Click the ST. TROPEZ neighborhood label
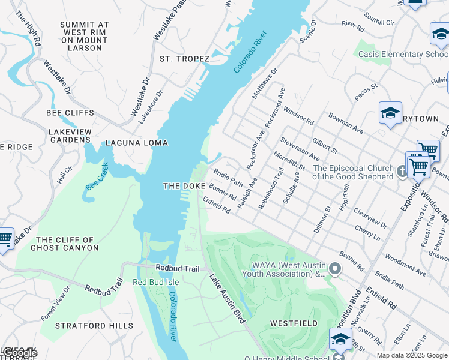(x=184, y=59)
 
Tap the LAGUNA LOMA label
(x=136, y=143)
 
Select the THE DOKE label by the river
(x=185, y=187)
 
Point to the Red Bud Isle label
(x=154, y=282)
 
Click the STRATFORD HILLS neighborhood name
(x=94, y=326)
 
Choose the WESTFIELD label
(x=294, y=323)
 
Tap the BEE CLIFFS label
(x=70, y=113)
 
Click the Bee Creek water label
(x=97, y=176)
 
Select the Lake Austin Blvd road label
(x=227, y=299)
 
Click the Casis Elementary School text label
(x=403, y=55)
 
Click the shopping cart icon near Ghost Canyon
(x=5, y=238)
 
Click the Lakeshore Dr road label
(x=150, y=107)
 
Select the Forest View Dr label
(x=55, y=302)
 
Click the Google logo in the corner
(x=20, y=353)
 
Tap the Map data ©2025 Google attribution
(x=412, y=355)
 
